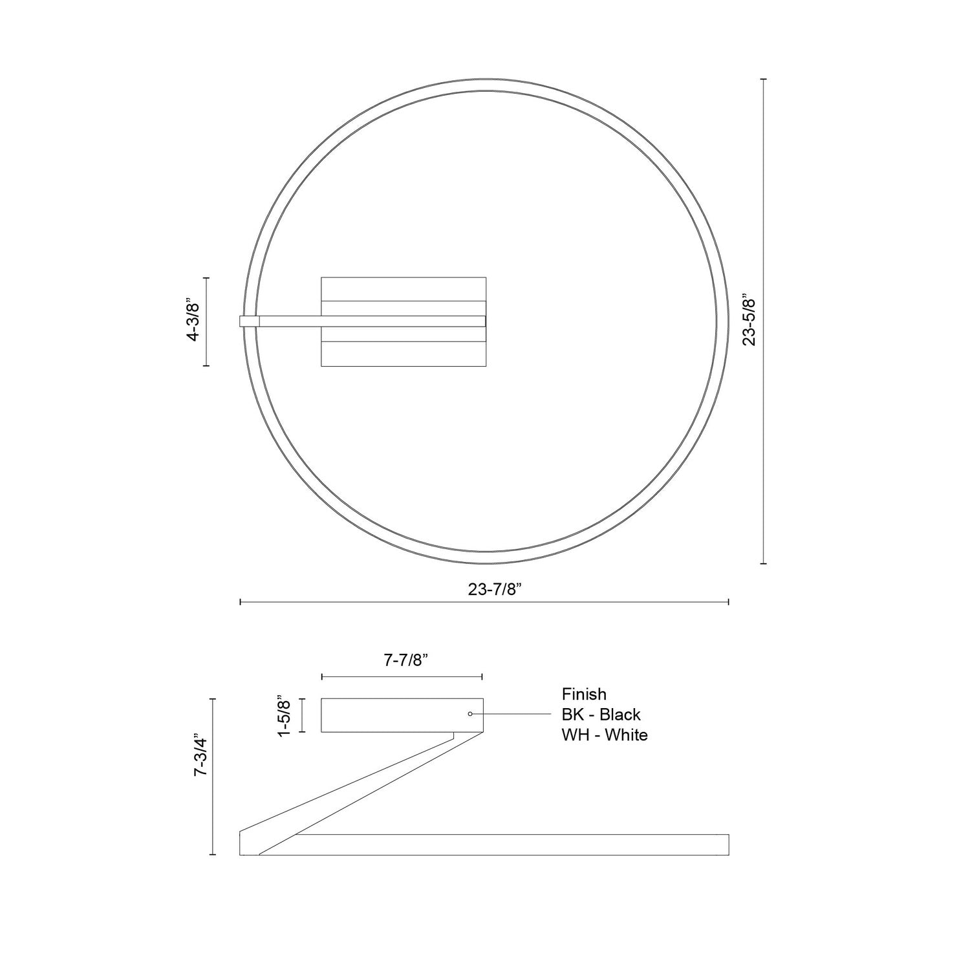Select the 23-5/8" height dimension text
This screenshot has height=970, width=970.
749,321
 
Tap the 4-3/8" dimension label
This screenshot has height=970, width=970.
192,321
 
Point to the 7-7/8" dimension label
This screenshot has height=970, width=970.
406,660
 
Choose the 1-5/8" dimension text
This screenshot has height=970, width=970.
283,715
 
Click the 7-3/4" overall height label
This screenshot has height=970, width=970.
201,776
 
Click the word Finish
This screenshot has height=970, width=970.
584,695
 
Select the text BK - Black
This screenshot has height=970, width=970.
601,715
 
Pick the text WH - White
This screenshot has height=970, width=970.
605,735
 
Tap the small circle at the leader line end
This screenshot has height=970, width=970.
470,714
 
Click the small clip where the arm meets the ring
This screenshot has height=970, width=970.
249,321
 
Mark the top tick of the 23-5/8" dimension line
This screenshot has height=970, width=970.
764,79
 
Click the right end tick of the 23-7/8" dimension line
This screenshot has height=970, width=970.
729,602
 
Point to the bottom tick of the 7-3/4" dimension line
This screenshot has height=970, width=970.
213,854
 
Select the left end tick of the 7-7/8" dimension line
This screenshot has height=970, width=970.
322,676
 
